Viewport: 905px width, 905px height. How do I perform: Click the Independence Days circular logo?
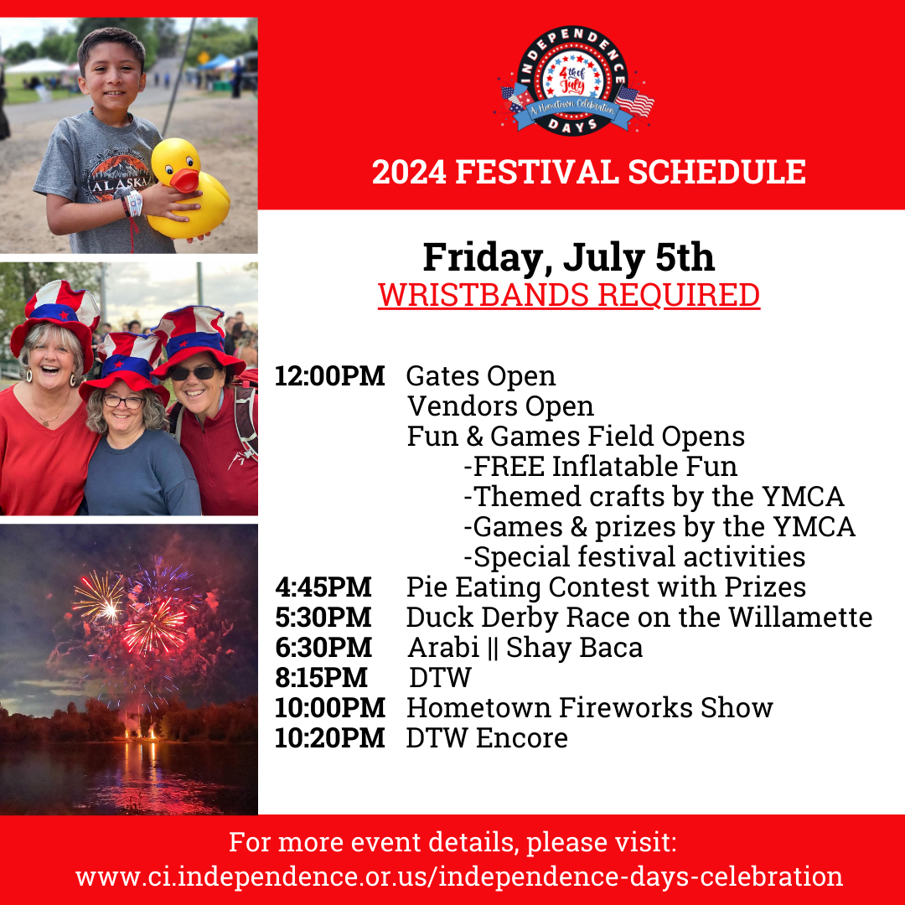[x=573, y=80]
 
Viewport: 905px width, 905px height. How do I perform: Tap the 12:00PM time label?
[x=329, y=376]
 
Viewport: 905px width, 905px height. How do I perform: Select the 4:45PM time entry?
[x=323, y=587]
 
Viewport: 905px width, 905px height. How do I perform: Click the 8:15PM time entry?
[x=321, y=678]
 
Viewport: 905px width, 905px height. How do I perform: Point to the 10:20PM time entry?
[x=329, y=737]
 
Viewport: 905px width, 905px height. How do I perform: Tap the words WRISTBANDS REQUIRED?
[x=568, y=295]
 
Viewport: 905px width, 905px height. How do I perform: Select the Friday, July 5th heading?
[x=568, y=257]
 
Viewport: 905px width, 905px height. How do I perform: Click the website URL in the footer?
[x=459, y=877]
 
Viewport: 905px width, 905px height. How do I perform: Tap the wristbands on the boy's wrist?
[x=132, y=203]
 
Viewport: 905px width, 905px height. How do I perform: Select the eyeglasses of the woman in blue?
[x=123, y=401]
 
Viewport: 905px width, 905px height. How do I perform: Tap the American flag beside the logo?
[x=634, y=102]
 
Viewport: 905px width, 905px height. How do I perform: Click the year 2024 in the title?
[x=409, y=172]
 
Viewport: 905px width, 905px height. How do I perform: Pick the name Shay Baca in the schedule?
[x=574, y=648]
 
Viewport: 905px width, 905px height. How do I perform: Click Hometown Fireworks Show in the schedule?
[x=590, y=707]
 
